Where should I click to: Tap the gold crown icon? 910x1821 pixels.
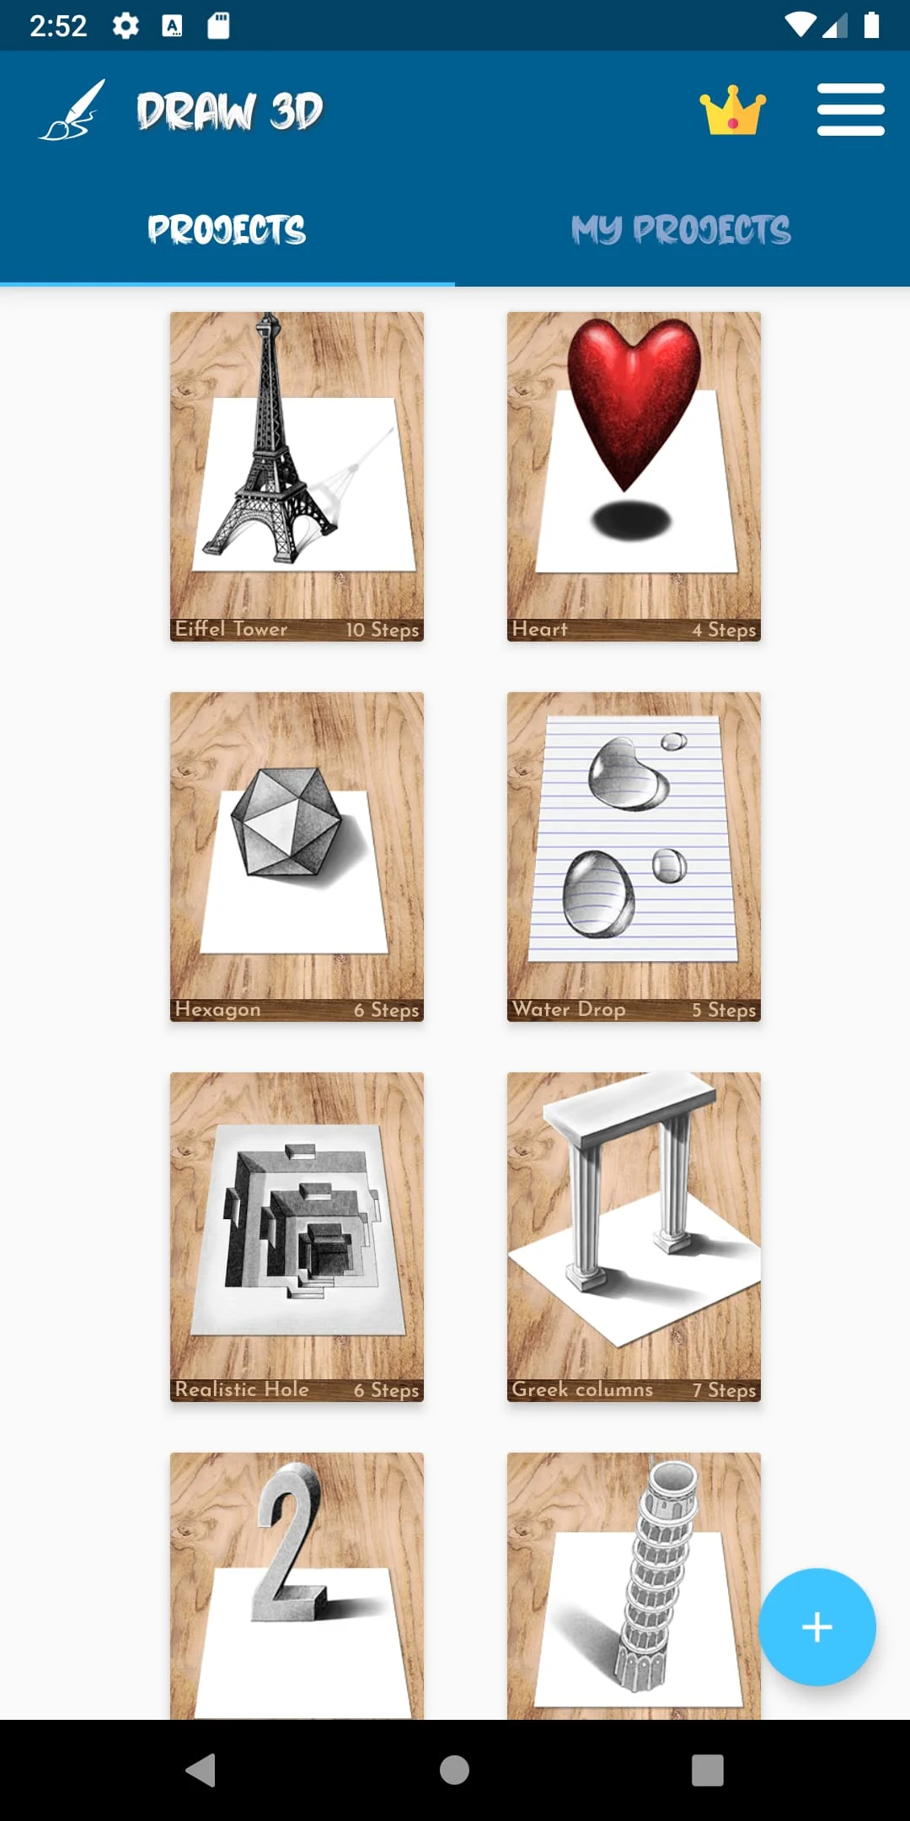pos(732,110)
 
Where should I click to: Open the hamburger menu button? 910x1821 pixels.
pos(850,110)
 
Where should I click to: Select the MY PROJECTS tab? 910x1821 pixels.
pos(681,229)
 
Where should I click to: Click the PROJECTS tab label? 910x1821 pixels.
pos(227,229)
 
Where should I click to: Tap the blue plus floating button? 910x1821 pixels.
pos(816,1627)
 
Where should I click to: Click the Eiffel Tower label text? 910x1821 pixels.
pos(231,629)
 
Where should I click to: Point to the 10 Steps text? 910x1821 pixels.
pos(382,630)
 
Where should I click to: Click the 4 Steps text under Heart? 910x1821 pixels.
pos(724,630)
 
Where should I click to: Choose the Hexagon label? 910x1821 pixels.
pos(217,1009)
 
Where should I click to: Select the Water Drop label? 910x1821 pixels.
pos(569,1009)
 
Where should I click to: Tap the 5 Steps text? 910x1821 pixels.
pos(724,1010)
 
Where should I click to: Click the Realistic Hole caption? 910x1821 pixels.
pos(242,1389)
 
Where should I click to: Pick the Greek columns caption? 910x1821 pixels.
pos(582,1389)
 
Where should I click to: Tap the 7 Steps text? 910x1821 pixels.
pos(724,1390)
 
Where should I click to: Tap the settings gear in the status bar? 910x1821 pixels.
pos(126,25)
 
